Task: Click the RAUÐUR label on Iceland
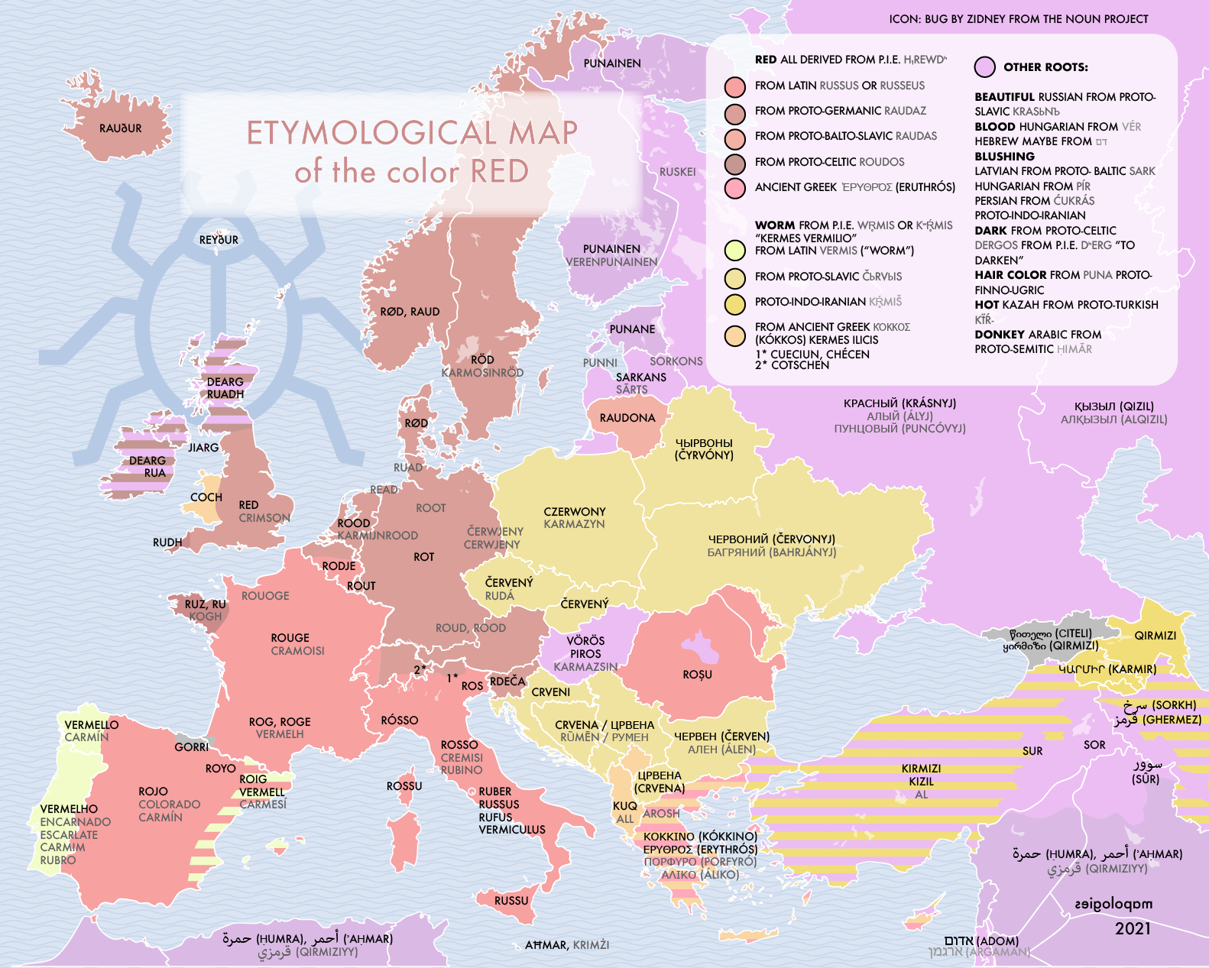pos(120,128)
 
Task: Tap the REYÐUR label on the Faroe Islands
pos(219,240)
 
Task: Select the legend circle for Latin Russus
pos(735,86)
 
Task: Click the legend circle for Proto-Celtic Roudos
pos(735,163)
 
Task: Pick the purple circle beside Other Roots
pos(985,67)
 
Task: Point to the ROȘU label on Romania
pos(697,675)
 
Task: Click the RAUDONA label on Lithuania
pos(627,418)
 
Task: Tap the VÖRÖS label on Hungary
pos(585,641)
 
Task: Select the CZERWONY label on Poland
pos(574,512)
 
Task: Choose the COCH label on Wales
pos(206,497)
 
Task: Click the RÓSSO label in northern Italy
pos(400,720)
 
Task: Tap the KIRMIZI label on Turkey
pos(921,769)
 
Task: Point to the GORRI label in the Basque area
pos(191,747)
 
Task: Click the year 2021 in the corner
pos(1132,928)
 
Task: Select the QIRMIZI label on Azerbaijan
pos(1155,636)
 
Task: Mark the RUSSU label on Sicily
pos(511,901)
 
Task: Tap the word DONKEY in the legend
pos(999,335)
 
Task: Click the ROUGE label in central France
pos(290,638)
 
